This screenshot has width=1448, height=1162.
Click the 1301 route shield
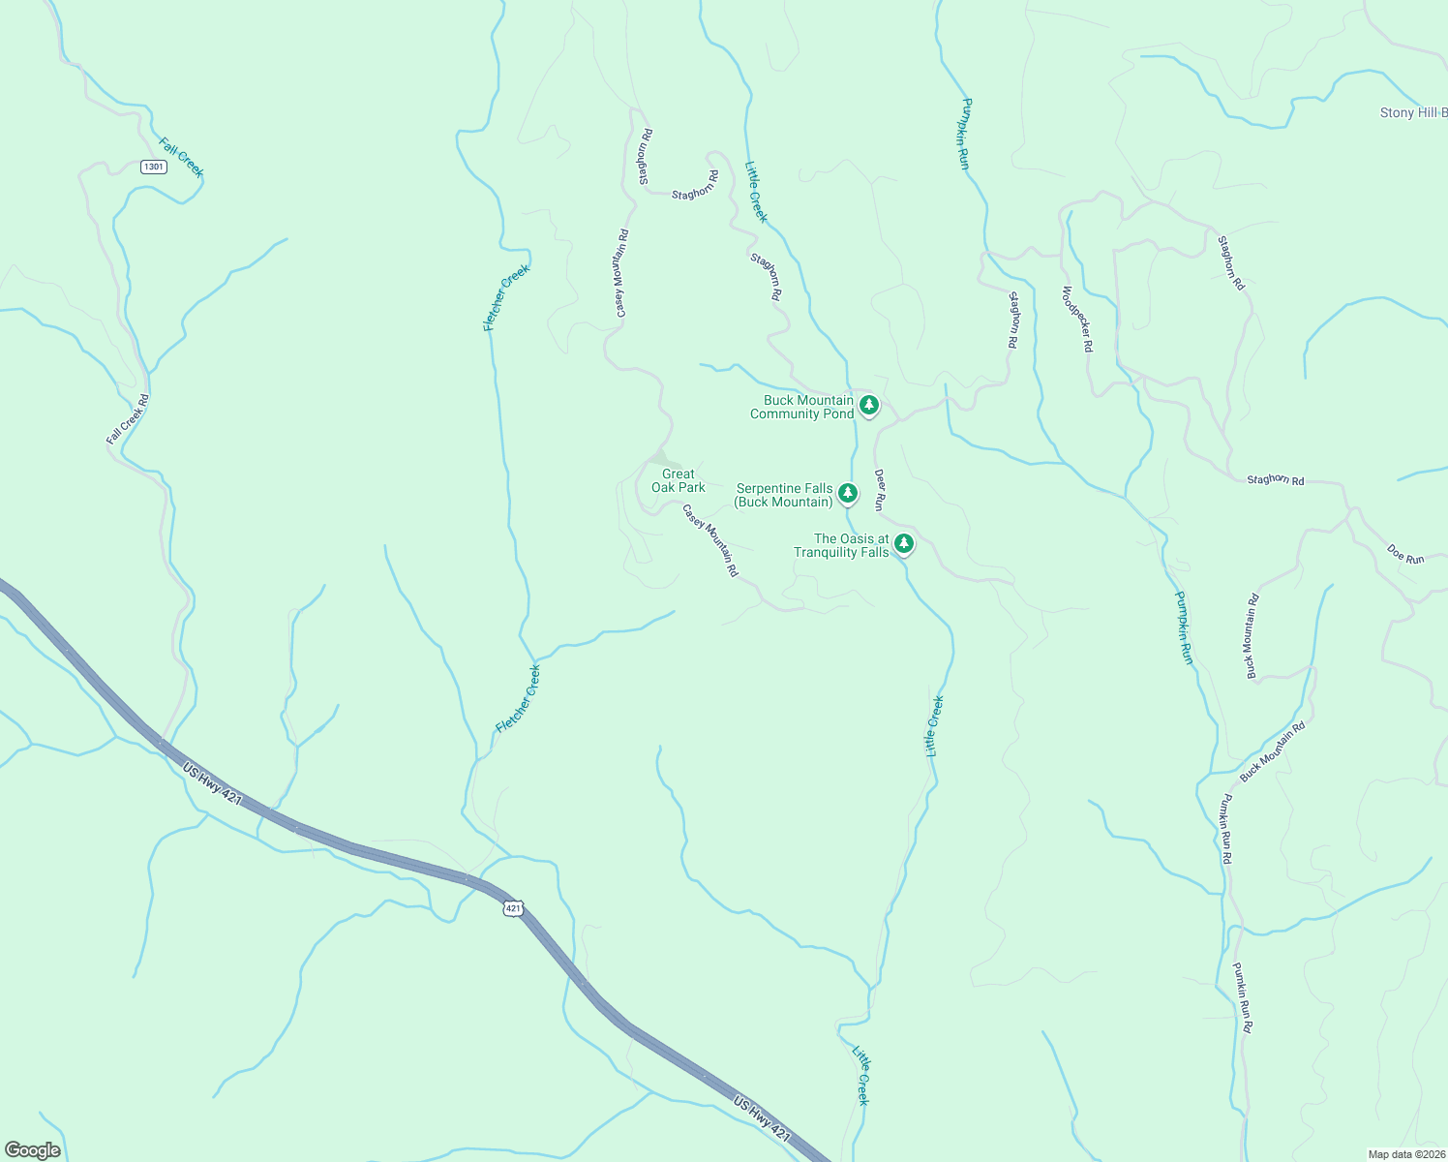tap(153, 167)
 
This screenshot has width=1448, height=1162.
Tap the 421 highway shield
tap(513, 907)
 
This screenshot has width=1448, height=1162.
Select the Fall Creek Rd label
tap(128, 419)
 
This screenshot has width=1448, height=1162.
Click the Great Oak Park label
tap(678, 480)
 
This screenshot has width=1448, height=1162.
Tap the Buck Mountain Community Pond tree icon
tap(869, 405)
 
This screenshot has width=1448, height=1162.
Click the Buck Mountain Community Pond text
tap(801, 407)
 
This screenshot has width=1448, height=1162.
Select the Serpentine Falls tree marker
tap(848, 493)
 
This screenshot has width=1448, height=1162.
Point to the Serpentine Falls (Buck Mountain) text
tap(784, 495)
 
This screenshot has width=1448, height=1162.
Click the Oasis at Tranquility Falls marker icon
tap(904, 543)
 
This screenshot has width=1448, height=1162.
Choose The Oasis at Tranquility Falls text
tap(841, 545)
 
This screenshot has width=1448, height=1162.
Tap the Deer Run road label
tap(879, 490)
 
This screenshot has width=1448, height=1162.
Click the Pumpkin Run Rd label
tap(1225, 829)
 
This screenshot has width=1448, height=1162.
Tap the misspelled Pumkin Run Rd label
tap(1243, 997)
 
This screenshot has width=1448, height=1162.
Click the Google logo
tap(33, 1149)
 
